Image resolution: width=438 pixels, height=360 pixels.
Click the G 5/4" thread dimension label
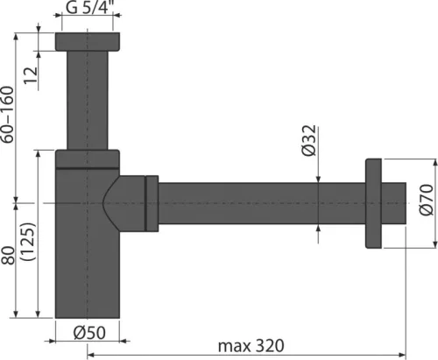pyautogui.click(x=89, y=11)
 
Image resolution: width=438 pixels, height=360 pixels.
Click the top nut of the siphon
pyautogui.click(x=88, y=41)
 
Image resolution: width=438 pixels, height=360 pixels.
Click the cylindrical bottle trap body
pyautogui.click(x=88, y=263)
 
